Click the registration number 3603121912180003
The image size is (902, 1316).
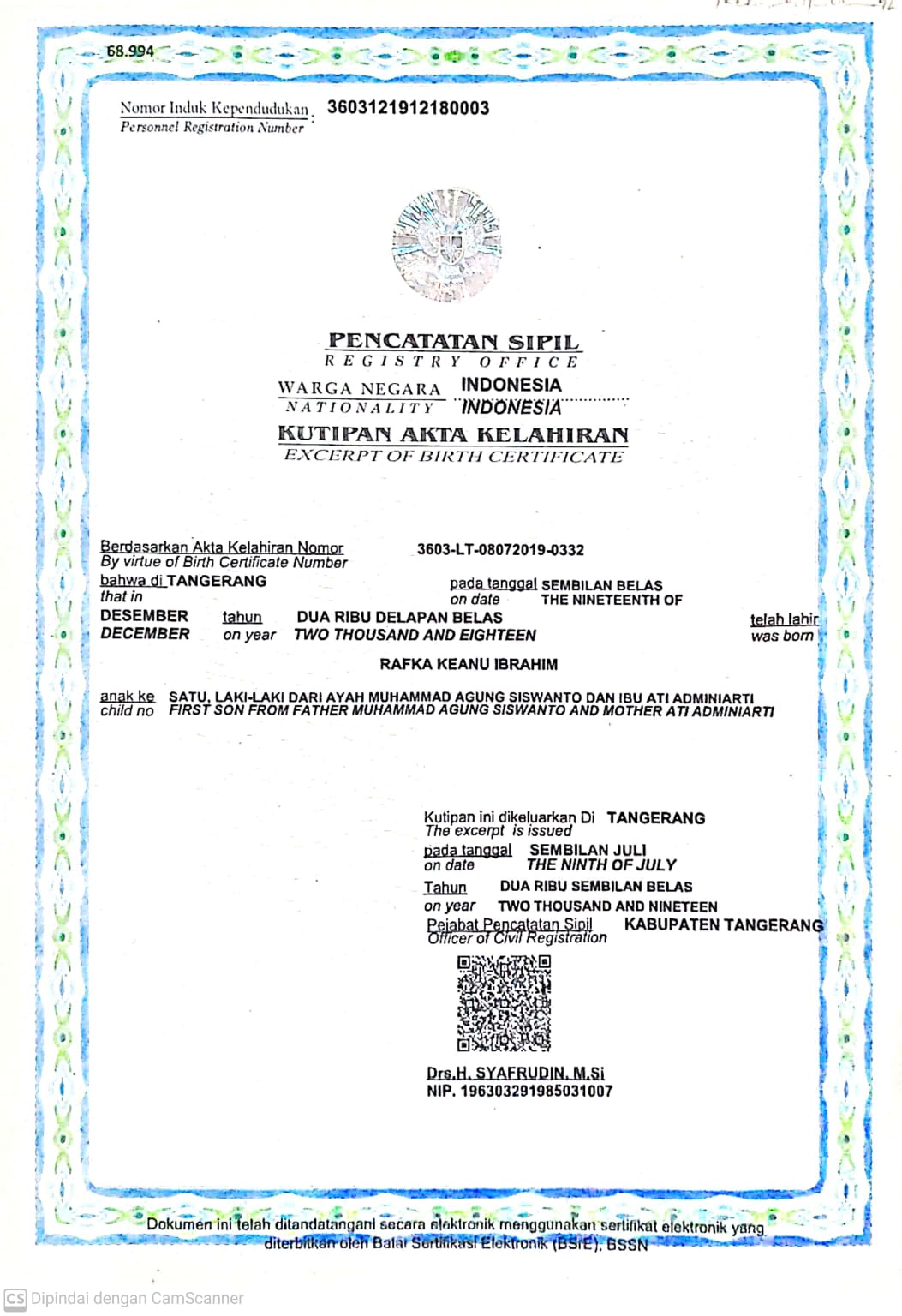(x=408, y=108)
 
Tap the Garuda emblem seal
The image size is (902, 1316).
(x=446, y=245)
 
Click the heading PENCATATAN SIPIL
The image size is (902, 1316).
(x=453, y=341)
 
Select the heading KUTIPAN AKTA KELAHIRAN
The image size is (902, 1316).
(x=453, y=434)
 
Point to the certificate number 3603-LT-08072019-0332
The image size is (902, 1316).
(x=500, y=550)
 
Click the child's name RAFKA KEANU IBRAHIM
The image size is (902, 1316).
(x=469, y=664)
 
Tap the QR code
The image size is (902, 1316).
(x=504, y=1003)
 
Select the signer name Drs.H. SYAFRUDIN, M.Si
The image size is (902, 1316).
(x=515, y=1073)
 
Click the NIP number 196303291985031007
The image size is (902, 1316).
(x=536, y=1092)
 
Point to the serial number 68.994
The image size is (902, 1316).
(x=130, y=51)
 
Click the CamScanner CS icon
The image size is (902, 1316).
(x=15, y=1298)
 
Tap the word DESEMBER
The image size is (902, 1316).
(x=144, y=616)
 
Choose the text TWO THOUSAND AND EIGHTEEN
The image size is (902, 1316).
(x=415, y=635)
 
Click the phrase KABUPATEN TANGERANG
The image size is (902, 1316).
(x=723, y=925)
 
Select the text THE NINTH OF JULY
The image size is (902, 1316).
(x=601, y=865)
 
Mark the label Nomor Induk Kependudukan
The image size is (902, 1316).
(x=214, y=109)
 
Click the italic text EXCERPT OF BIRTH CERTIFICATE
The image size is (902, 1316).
(x=453, y=456)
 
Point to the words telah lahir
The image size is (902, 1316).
(x=784, y=619)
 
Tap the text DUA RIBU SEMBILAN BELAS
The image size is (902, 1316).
(x=596, y=887)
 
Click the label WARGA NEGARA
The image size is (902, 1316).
(x=359, y=388)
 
